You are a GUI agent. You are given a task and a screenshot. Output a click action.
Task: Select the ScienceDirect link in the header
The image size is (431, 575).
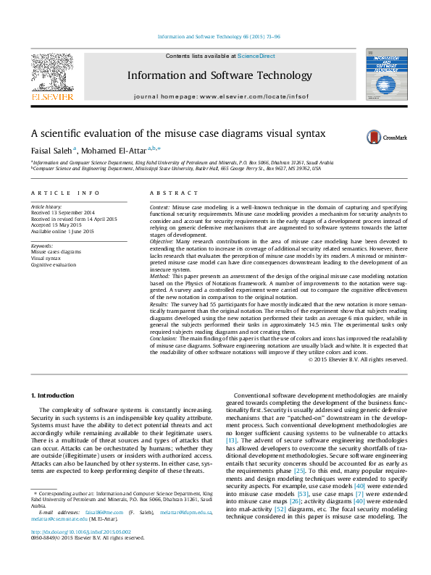[256, 56]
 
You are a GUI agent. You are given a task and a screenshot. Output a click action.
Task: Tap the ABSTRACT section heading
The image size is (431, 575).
[173, 193]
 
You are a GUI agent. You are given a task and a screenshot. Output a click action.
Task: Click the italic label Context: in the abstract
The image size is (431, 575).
[160, 206]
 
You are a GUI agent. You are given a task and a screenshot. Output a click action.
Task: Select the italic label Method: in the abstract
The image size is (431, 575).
[161, 277]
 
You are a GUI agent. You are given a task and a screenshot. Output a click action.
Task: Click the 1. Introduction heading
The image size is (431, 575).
[55, 395]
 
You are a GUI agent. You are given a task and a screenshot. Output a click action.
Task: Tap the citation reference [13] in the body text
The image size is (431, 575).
[232, 440]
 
